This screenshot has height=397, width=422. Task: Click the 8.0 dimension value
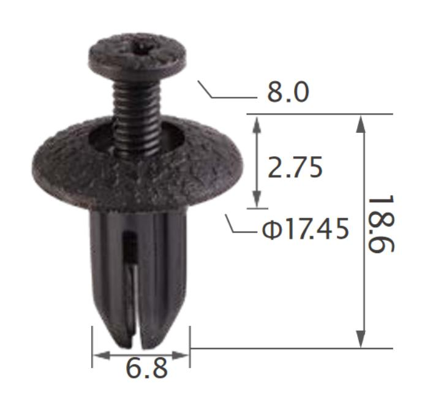[287, 93]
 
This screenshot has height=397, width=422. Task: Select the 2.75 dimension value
[295, 167]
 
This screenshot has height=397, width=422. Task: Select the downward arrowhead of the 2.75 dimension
[257, 200]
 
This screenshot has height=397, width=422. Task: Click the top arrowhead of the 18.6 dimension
[361, 123]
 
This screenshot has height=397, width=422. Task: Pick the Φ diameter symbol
[271, 230]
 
